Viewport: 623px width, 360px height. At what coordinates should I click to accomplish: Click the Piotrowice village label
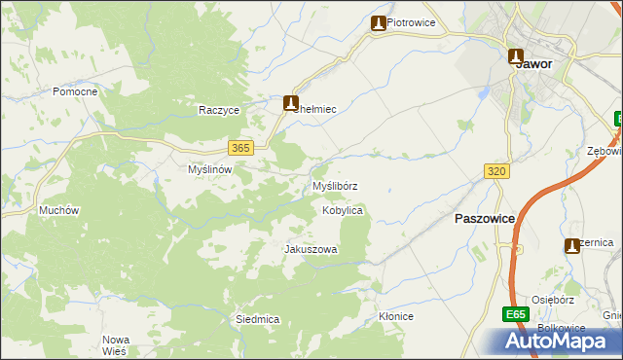click(x=411, y=22)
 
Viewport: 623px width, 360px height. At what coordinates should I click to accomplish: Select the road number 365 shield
click(x=242, y=148)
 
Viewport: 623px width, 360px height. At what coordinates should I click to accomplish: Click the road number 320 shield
click(x=496, y=171)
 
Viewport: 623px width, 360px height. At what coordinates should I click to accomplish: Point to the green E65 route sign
click(x=516, y=315)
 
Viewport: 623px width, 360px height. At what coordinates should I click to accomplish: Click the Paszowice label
click(x=484, y=220)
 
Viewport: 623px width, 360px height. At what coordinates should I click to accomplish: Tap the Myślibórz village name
click(x=334, y=185)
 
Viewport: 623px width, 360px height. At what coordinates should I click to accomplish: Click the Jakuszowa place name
click(x=311, y=250)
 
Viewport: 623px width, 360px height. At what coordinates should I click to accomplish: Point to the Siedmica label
click(x=258, y=319)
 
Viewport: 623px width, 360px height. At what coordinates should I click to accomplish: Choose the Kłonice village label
click(x=396, y=317)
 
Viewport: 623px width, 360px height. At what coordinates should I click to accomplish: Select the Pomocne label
click(x=75, y=91)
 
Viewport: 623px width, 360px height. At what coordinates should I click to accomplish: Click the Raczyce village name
click(x=219, y=111)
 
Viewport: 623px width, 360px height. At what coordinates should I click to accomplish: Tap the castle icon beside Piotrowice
click(x=378, y=23)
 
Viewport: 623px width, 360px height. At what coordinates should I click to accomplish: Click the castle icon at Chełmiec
click(x=290, y=102)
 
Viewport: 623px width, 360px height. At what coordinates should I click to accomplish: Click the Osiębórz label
click(x=555, y=300)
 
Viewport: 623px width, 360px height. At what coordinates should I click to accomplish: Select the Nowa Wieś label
click(x=116, y=345)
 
